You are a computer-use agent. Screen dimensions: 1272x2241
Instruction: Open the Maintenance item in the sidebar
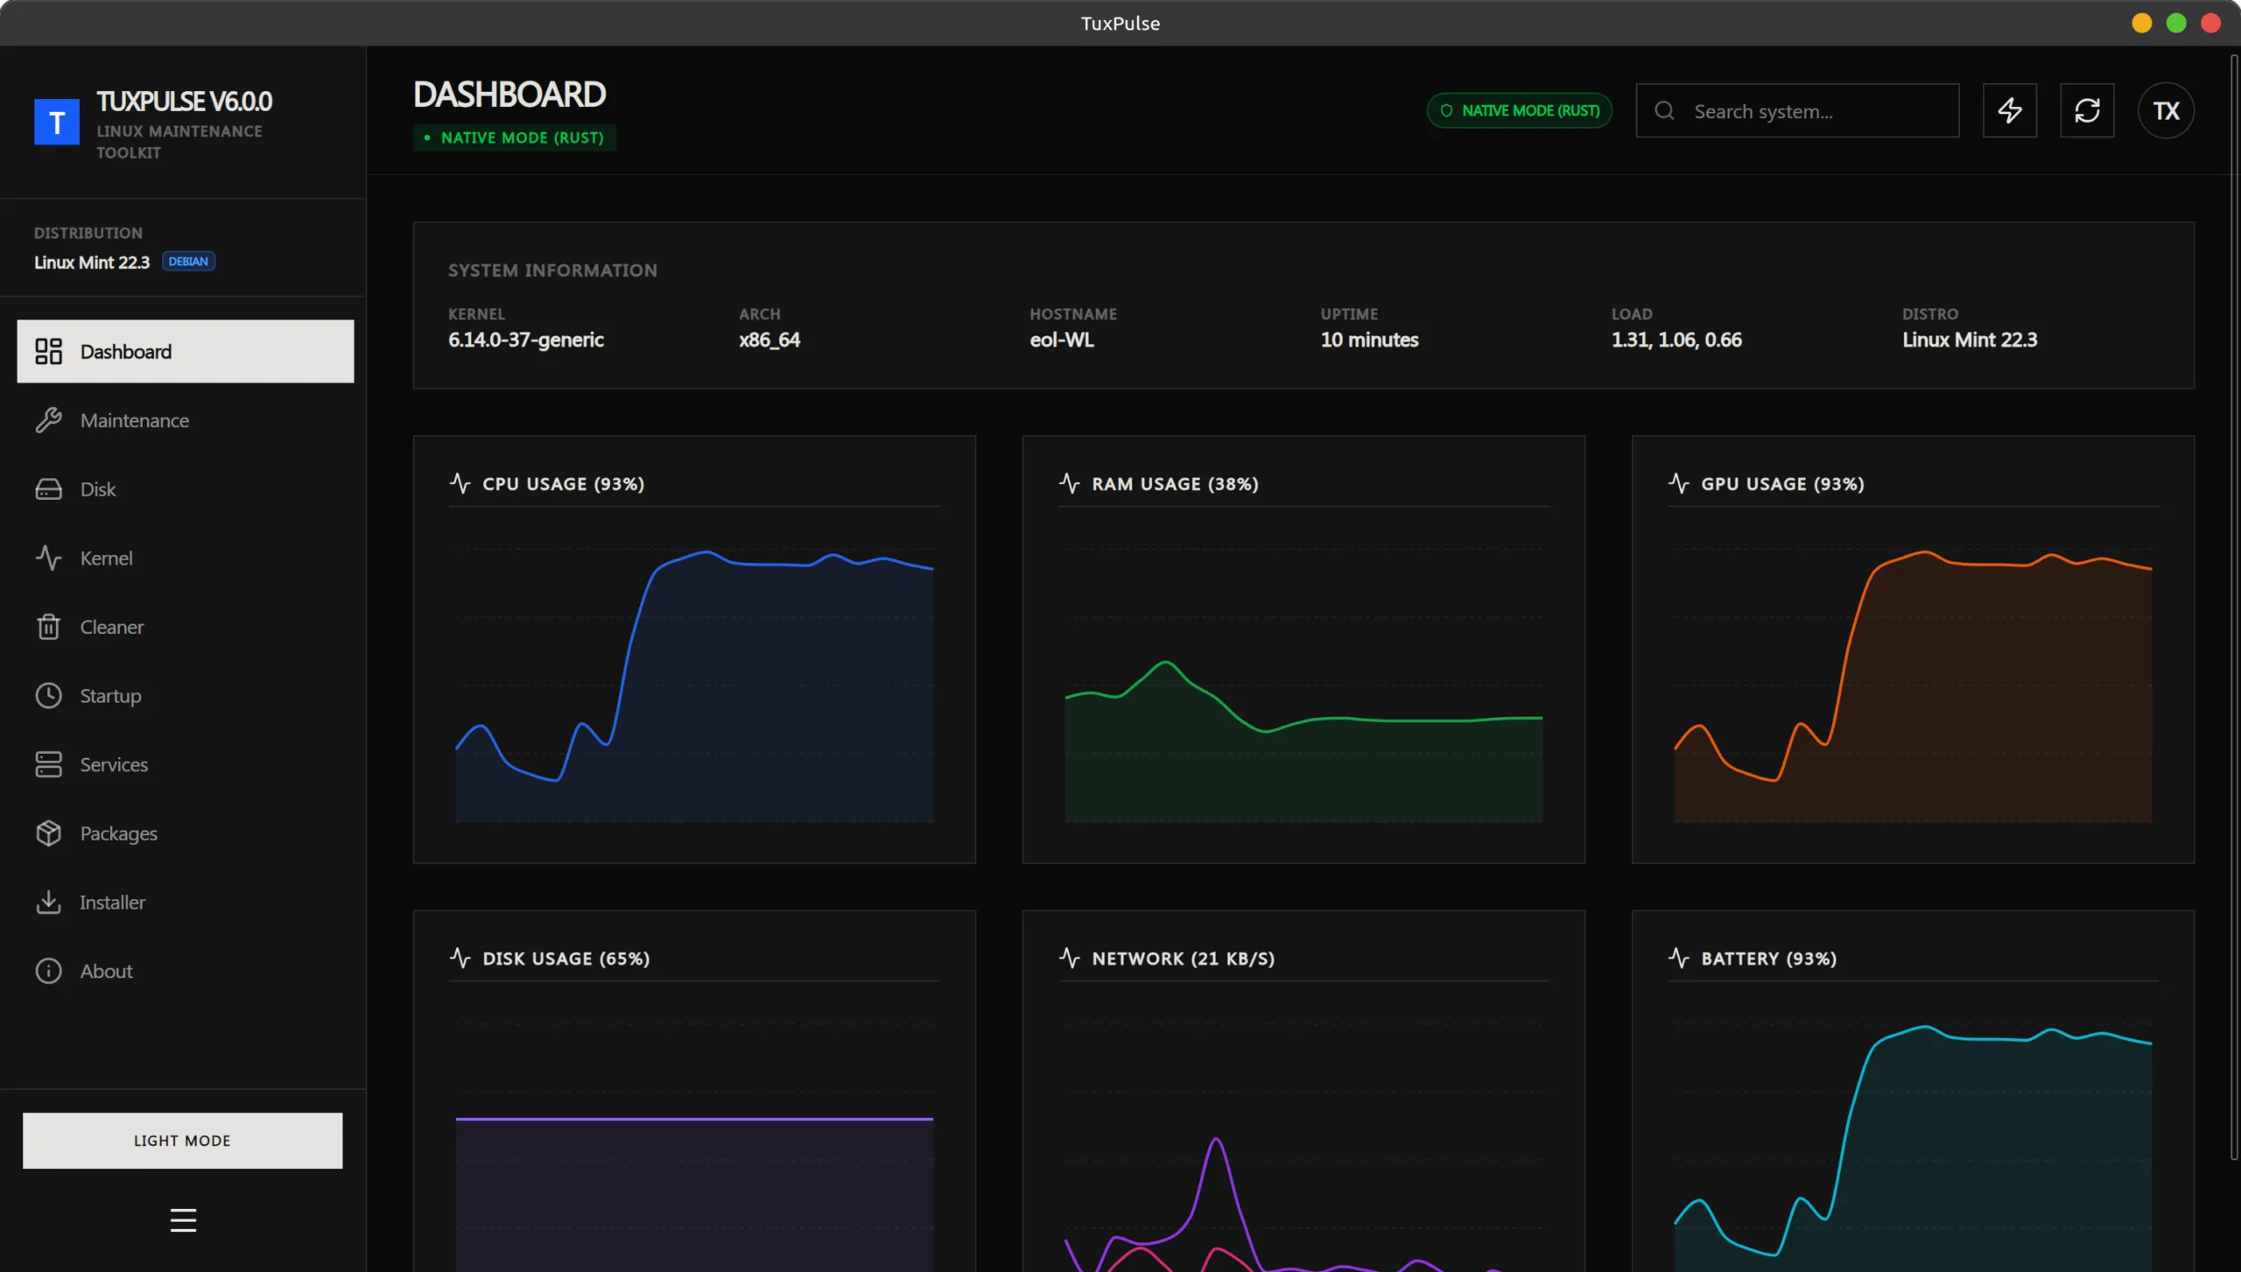[134, 420]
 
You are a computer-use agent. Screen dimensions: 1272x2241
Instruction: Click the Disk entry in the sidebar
[97, 489]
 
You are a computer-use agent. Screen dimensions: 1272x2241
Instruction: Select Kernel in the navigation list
[106, 558]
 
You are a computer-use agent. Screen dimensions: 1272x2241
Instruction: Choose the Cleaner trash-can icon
[48, 627]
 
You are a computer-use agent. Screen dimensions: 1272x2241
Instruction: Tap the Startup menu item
[110, 696]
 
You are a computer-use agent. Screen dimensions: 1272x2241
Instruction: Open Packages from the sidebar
[118, 833]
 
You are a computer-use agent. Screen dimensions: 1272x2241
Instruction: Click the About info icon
[48, 971]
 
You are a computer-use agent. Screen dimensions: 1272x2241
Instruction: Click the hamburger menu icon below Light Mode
[183, 1219]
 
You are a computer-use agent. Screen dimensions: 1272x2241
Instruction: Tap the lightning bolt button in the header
[2010, 111]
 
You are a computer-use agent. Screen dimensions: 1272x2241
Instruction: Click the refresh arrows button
[2087, 111]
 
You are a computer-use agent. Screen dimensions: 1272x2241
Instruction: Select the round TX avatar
[2166, 111]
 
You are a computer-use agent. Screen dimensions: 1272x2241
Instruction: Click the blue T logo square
[57, 122]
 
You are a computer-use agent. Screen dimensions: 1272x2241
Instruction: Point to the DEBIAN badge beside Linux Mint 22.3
[188, 262]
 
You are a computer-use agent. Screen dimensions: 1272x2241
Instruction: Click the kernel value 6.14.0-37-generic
[526, 340]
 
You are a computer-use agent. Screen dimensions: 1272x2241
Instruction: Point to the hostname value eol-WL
[1062, 340]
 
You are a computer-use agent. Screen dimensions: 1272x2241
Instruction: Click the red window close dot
[2210, 24]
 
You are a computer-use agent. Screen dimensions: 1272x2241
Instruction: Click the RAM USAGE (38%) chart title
[1175, 484]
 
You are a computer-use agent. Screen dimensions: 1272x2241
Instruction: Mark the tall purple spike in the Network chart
[1217, 1142]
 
